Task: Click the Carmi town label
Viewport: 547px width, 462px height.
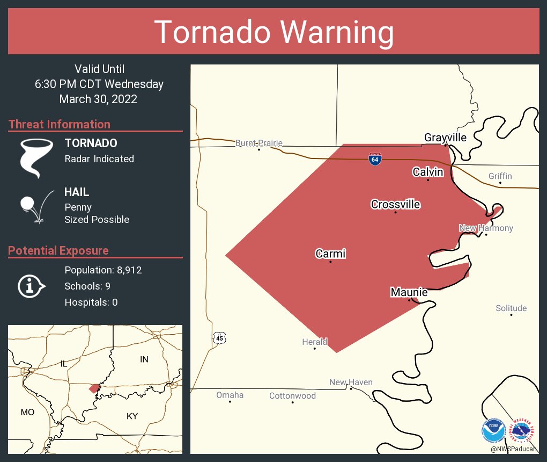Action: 330,254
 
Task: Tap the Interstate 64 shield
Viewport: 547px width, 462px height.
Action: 375,159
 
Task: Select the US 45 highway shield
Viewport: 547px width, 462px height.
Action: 219,338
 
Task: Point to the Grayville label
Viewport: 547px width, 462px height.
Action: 445,138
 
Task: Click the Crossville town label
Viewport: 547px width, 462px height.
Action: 395,205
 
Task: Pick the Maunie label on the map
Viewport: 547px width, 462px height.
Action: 409,292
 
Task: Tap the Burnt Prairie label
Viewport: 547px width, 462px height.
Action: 258,143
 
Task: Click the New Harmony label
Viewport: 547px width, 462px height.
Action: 486,228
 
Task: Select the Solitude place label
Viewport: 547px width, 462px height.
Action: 511,308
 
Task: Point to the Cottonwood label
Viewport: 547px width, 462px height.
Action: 292,396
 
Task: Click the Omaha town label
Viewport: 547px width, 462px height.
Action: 230,395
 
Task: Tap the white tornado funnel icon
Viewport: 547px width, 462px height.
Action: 36,158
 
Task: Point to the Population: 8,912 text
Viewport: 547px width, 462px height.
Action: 103,270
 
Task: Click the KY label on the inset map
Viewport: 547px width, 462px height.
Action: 132,416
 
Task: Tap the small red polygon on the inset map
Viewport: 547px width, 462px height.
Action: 94,388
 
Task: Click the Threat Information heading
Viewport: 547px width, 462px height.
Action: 60,124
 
